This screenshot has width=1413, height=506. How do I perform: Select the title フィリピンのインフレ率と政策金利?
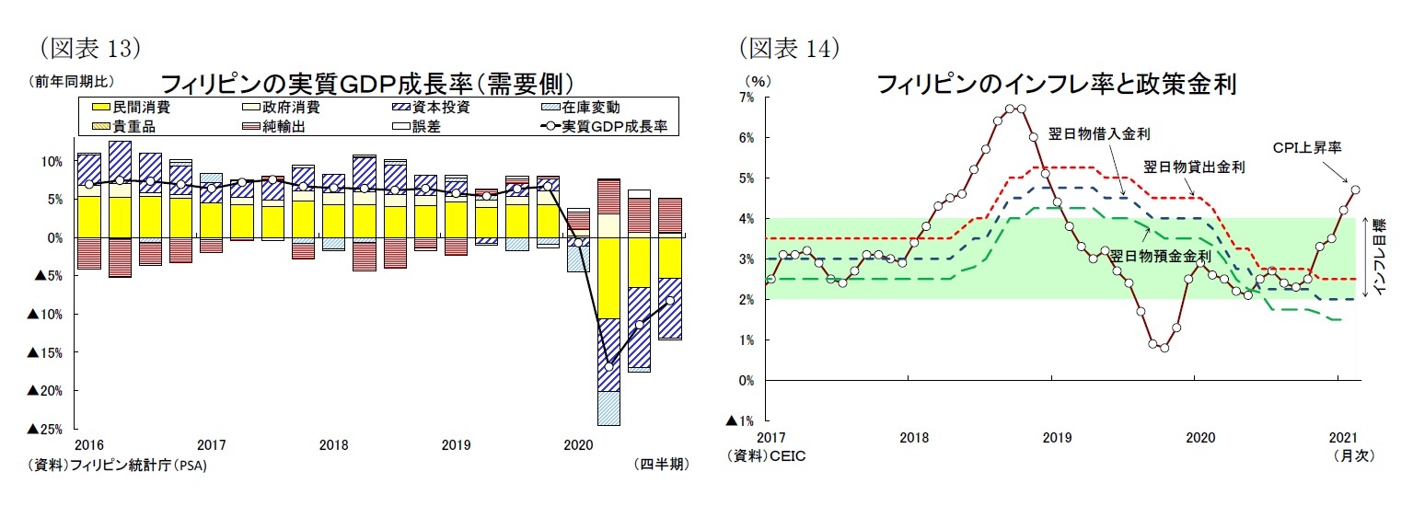click(1055, 86)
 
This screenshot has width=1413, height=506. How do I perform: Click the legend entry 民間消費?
click(135, 108)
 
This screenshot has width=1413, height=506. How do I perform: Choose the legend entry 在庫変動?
click(591, 108)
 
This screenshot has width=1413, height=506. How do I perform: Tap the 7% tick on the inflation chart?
click(746, 97)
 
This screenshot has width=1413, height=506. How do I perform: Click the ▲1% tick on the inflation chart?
click(741, 420)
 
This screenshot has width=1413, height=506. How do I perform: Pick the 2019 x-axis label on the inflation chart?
click(1051, 437)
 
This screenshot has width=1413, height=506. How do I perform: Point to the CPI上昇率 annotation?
click(1305, 146)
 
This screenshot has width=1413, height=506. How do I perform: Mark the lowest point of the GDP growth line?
click(608, 364)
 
